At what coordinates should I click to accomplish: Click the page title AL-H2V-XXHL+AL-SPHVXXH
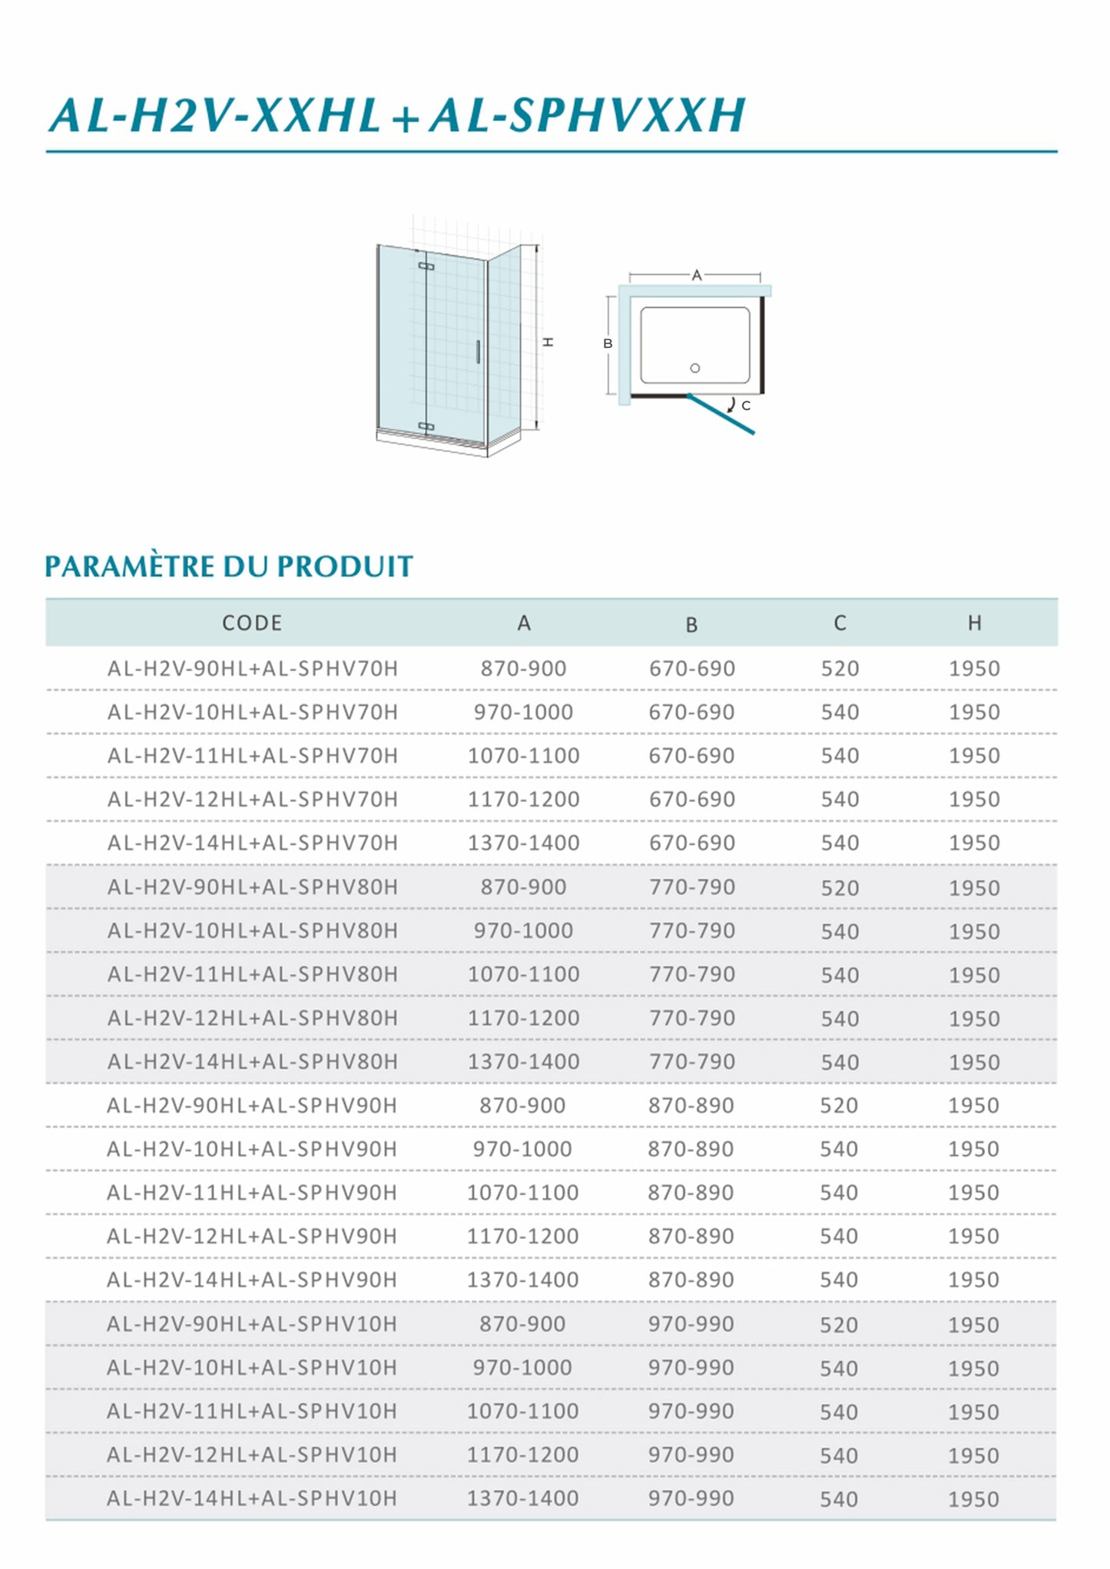[396, 116]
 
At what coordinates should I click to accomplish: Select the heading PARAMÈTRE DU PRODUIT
[229, 566]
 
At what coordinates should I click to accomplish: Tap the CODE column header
[252, 623]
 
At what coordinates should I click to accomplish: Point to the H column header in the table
[974, 623]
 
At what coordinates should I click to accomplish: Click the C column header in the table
[840, 623]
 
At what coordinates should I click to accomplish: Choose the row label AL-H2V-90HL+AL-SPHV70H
[253, 669]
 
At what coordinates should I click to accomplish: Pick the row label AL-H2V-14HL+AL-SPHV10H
[252, 1498]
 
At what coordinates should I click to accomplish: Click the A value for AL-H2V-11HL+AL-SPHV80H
[523, 974]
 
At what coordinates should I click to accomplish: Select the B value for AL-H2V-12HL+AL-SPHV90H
[691, 1236]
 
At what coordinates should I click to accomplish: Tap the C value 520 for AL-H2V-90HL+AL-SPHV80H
[840, 888]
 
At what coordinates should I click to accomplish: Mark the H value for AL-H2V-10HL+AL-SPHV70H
[974, 712]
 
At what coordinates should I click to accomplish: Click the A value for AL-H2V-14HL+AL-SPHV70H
[523, 843]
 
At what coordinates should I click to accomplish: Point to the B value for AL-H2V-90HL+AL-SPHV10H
[691, 1323]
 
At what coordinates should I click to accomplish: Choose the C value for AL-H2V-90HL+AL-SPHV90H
[839, 1105]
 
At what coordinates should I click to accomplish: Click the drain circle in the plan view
[695, 368]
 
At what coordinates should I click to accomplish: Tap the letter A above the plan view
[696, 275]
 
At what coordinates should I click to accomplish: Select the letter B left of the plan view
[608, 343]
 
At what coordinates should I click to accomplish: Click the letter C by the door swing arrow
[746, 405]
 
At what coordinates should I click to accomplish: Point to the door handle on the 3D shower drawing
[477, 351]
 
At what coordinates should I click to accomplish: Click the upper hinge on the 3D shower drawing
[426, 266]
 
